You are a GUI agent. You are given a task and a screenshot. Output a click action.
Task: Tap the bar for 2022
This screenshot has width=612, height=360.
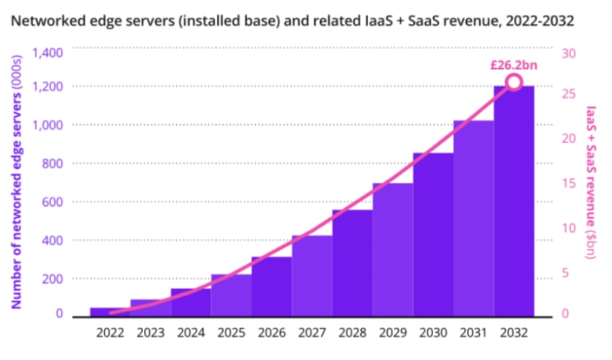coord(110,312)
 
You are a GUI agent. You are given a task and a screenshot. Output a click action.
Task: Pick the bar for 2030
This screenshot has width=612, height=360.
coord(433,234)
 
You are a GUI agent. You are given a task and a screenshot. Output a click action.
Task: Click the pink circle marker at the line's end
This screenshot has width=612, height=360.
coord(514,82)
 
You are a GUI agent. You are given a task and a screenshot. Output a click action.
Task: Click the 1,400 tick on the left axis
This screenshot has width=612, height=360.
coord(48,52)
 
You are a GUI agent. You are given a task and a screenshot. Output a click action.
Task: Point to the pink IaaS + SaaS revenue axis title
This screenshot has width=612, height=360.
coord(592,182)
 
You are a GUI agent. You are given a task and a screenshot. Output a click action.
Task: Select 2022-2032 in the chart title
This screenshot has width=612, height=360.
coord(535,21)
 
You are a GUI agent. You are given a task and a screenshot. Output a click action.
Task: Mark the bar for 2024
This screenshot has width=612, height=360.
coord(191,302)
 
